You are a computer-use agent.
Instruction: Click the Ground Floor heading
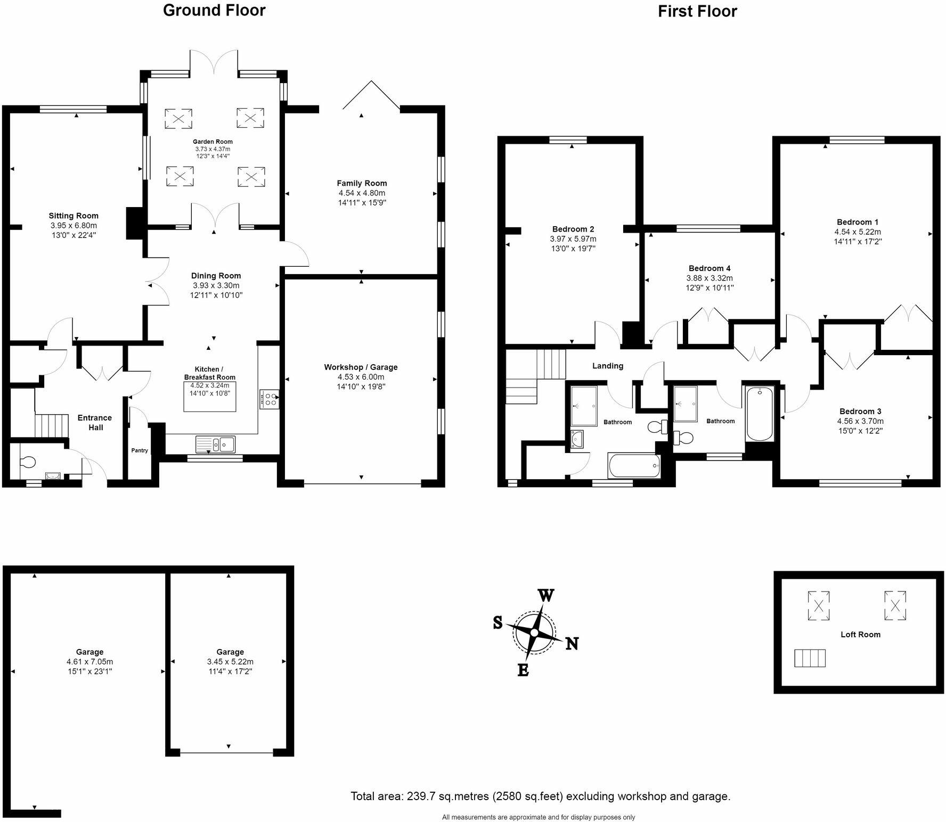[x=214, y=10]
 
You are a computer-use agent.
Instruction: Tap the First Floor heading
[x=697, y=11]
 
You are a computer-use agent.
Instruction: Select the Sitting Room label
[x=74, y=216]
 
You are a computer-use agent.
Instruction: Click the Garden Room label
[x=213, y=142]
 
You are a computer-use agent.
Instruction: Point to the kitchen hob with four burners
[x=270, y=399]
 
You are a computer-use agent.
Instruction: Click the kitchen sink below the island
[x=216, y=443]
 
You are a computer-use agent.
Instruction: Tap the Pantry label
[x=140, y=450]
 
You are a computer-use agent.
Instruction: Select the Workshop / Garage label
[x=361, y=367]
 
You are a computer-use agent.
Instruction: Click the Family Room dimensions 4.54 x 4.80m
[x=362, y=193]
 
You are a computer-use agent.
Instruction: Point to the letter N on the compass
[x=572, y=644]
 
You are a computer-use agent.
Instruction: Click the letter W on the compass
[x=545, y=595]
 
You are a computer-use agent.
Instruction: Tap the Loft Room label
[x=860, y=634]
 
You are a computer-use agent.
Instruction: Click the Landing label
[x=607, y=366]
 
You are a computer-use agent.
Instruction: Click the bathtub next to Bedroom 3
[x=759, y=415]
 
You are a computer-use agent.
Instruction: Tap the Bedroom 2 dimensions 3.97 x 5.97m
[x=573, y=239]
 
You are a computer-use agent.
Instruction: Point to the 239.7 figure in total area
[x=421, y=796]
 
